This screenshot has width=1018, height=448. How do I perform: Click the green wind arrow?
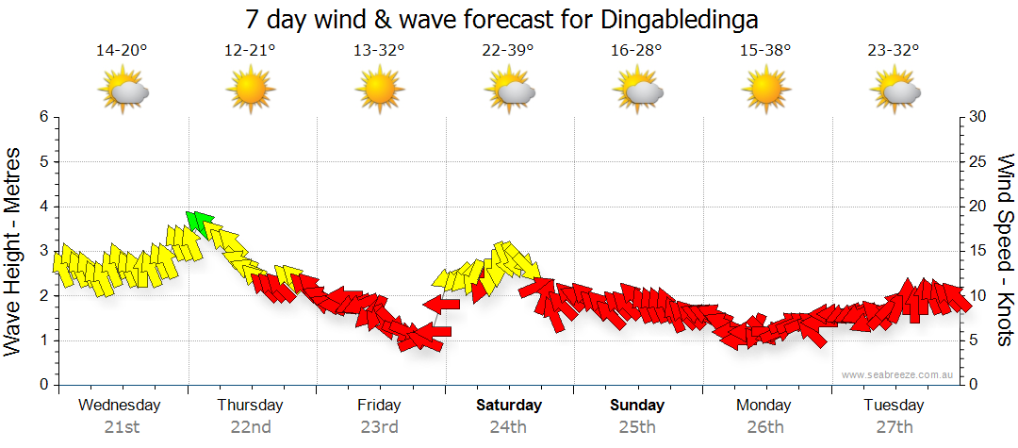[x=197, y=223]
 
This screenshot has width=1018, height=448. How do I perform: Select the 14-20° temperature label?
[x=122, y=51]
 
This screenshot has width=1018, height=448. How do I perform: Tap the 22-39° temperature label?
[x=508, y=51]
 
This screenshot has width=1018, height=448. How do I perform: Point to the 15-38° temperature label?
[x=765, y=51]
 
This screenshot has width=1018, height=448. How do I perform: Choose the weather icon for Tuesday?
[x=895, y=91]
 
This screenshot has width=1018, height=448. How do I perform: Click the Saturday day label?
[x=508, y=406]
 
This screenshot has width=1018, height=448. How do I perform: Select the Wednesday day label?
[x=120, y=406]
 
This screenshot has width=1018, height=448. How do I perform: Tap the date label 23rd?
[x=379, y=427]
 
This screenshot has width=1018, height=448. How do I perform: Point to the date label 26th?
[x=765, y=427]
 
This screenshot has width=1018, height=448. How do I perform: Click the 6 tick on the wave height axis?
[x=43, y=117]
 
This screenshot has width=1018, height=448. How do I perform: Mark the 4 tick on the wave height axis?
[x=43, y=207]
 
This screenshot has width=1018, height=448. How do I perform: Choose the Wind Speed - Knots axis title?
[x=1005, y=250]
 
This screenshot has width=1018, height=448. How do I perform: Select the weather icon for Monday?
[x=765, y=91]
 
